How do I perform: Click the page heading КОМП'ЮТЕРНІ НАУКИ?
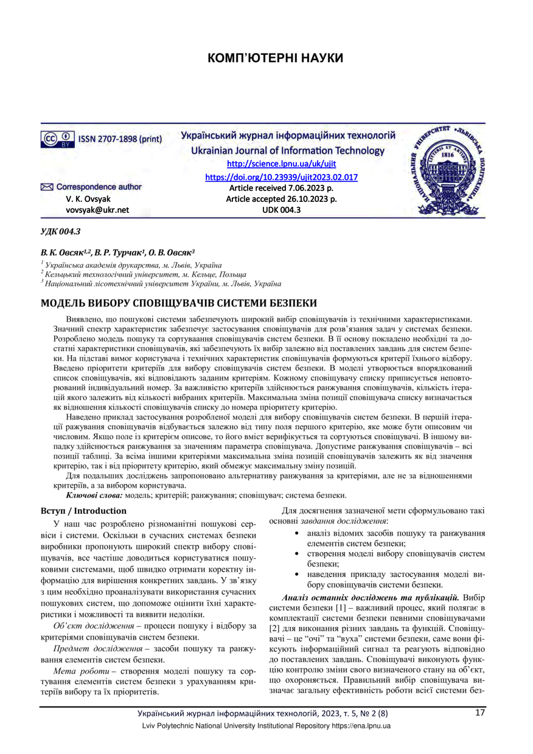click(276, 58)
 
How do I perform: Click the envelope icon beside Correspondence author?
click(47, 187)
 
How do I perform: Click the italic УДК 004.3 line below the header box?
click(60, 232)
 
